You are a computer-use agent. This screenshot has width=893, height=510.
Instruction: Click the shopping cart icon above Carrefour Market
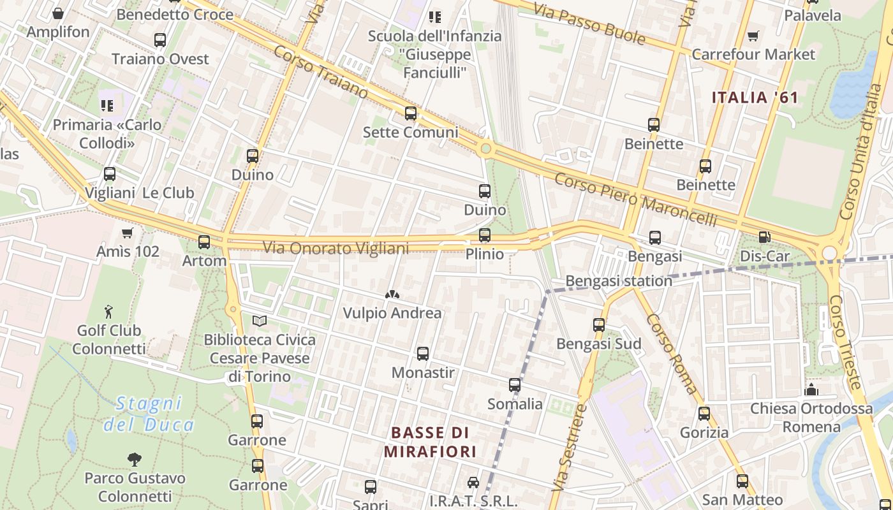pyautogui.click(x=753, y=36)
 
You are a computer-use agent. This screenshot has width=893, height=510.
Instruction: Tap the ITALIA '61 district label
pyautogui.click(x=755, y=98)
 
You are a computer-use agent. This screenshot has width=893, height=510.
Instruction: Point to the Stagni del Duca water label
pyautogui.click(x=149, y=414)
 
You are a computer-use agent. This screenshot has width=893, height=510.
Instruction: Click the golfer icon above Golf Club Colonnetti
pyautogui.click(x=108, y=312)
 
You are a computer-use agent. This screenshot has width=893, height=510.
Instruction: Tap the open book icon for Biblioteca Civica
pyautogui.click(x=259, y=321)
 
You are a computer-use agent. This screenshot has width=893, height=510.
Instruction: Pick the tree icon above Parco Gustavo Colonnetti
pyautogui.click(x=134, y=459)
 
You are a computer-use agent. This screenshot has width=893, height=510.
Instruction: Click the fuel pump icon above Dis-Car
pyautogui.click(x=764, y=238)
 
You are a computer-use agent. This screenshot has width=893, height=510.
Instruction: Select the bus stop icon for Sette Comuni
pyautogui.click(x=411, y=113)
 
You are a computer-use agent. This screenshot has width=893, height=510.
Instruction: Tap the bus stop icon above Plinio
pyautogui.click(x=485, y=235)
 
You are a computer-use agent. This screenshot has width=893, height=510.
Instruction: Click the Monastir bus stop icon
pyautogui.click(x=422, y=354)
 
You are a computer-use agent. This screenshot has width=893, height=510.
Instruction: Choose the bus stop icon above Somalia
pyautogui.click(x=515, y=385)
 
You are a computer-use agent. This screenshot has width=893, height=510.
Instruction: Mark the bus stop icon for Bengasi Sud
pyautogui.click(x=598, y=325)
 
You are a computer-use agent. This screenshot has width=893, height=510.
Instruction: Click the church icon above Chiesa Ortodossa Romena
pyautogui.click(x=811, y=389)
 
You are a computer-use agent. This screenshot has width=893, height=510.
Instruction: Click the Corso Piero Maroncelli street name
pyautogui.click(x=635, y=199)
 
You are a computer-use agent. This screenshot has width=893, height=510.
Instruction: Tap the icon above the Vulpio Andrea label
pyautogui.click(x=392, y=295)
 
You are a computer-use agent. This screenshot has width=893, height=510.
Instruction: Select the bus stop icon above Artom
pyautogui.click(x=204, y=242)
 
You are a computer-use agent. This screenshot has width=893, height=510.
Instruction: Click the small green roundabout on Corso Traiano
pyautogui.click(x=486, y=149)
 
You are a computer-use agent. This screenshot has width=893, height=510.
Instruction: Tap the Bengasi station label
pyautogui.click(x=619, y=280)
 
